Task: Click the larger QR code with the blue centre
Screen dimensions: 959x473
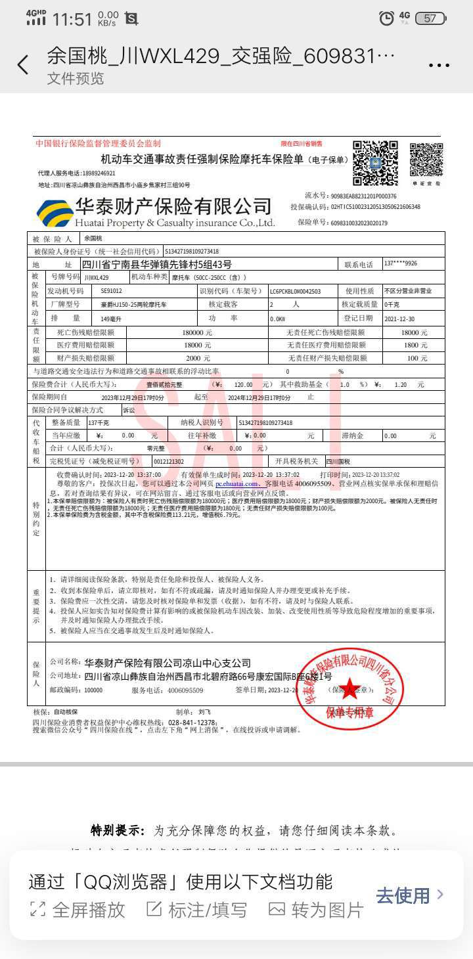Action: [x=375, y=162]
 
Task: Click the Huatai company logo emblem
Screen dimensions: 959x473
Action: [x=55, y=212]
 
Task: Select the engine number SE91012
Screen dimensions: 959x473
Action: [x=111, y=291]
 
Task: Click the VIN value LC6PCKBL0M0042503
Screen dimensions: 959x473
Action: [x=296, y=291]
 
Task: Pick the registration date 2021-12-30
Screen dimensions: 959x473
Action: [x=399, y=319]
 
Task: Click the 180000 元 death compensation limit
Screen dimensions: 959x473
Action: [x=197, y=332]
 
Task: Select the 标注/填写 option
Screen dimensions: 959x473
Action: [x=197, y=910]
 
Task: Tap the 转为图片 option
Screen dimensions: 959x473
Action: [x=317, y=910]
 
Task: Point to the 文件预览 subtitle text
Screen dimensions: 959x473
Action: [x=76, y=79]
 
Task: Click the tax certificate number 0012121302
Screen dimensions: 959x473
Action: [x=169, y=461]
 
